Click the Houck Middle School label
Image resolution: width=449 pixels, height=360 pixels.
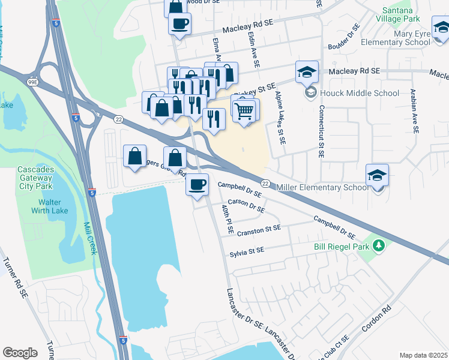[360, 93]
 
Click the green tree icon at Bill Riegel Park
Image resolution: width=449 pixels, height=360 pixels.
[378, 245]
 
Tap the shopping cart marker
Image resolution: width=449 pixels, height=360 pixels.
[244, 110]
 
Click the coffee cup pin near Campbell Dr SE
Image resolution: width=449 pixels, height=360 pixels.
[197, 184]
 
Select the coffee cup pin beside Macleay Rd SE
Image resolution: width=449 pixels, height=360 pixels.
[180, 24]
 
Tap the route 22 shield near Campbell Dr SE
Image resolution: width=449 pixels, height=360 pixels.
[265, 183]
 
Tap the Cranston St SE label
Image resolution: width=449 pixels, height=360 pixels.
[259, 229]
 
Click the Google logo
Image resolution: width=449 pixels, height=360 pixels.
[20, 353]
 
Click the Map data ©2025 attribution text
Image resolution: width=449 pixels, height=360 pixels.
[423, 355]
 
